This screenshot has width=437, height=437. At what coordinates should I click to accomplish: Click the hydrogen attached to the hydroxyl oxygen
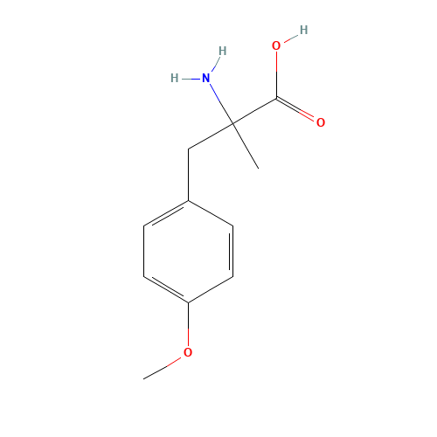[303, 30]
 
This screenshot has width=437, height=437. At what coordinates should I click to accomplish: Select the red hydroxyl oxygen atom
[276, 45]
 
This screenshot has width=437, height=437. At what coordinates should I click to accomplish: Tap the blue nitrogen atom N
[206, 78]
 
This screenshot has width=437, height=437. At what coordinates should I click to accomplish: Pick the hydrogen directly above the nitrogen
[222, 51]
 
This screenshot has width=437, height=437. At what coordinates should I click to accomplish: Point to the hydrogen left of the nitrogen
[174, 78]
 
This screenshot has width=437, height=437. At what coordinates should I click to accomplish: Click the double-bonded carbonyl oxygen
[321, 122]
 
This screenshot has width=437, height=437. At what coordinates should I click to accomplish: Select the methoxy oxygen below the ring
[188, 352]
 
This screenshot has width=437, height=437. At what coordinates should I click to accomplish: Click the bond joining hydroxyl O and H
[290, 38]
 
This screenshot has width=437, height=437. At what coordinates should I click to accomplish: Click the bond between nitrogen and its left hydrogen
[190, 78]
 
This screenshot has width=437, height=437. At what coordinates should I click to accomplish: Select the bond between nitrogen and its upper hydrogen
[215, 64]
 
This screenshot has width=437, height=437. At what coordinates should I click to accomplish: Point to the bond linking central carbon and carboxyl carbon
[254, 111]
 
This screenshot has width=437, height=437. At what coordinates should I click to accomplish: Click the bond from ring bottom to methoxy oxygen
[188, 323]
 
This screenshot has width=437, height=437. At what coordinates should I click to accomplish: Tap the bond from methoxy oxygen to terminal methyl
[166, 365]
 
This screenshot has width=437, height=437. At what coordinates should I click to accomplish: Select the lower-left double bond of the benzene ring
[166, 289]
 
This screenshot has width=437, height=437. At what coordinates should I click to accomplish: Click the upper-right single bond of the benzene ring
[211, 214]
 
